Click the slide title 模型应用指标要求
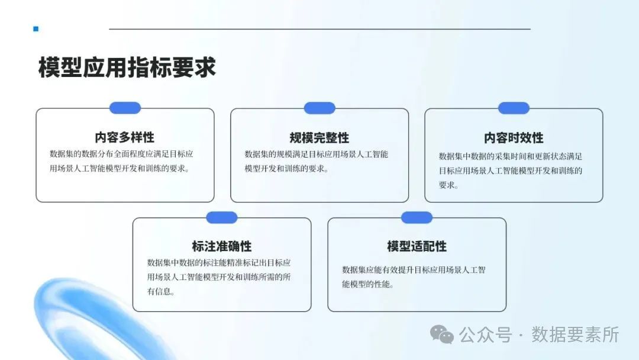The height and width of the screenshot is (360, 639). pos(127,67)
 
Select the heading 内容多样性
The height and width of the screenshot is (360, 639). pos(125,138)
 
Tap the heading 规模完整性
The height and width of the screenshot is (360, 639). pos(319,138)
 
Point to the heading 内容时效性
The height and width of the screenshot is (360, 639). pos(514,138)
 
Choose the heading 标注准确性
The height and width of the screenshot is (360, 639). pos(222,246)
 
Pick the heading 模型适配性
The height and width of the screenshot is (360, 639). pos(417,246)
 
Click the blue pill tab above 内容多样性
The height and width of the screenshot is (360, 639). pos(125,108)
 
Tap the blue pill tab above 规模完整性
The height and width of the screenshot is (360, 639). pos(319,108)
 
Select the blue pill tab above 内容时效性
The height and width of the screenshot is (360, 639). pos(514,108)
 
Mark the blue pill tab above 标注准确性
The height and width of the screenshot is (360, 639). pos(222,217)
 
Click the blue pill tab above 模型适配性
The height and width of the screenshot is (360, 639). pos(417,217)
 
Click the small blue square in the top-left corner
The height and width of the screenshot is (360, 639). pos(36,28)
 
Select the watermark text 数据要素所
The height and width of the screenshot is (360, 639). pos(575,335)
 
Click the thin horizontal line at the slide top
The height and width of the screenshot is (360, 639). pos(319,28)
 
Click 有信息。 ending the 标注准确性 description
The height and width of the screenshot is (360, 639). pos(160,292)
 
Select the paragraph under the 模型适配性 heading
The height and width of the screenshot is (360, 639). pos(414,277)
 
